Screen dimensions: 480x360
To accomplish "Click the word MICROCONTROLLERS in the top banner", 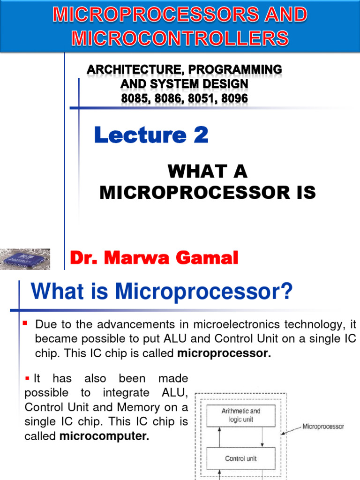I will (180, 37).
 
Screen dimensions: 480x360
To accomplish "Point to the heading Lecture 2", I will (151, 135).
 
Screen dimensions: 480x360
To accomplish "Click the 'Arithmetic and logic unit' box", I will (241, 415).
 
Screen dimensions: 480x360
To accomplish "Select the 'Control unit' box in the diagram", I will (241, 458).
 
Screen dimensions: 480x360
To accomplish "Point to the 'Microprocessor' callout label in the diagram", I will (323, 427).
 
